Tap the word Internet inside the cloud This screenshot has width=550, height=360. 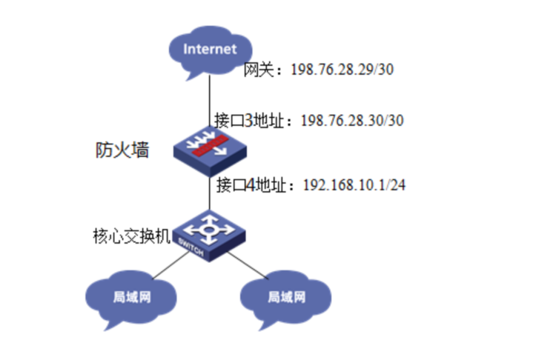coord(210,50)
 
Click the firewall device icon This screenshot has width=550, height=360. coord(210,146)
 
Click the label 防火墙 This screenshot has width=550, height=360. coord(122,150)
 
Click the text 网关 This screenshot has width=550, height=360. coord(259,70)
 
